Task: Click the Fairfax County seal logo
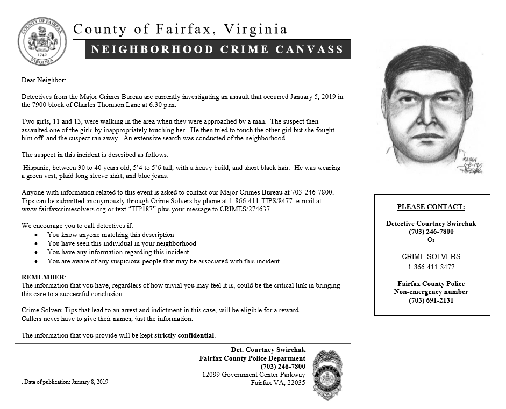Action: click(x=42, y=41)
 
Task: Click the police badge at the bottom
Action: click(x=327, y=375)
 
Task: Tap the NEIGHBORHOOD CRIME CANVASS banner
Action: click(x=218, y=49)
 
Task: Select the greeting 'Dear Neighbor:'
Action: click(x=43, y=80)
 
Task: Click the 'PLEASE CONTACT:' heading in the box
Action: click(x=431, y=207)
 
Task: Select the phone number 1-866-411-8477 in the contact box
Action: click(x=431, y=267)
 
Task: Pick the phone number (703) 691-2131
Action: click(x=431, y=300)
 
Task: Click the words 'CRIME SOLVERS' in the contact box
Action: click(x=431, y=256)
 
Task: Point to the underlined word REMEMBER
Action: click(x=43, y=277)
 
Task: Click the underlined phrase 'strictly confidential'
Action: click(x=184, y=335)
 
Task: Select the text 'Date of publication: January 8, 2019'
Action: click(x=66, y=382)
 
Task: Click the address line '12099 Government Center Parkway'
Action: click(x=253, y=375)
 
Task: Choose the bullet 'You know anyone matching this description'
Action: click(x=111, y=235)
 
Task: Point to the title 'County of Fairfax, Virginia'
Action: click(x=180, y=29)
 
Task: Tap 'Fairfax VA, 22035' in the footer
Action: click(x=277, y=383)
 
